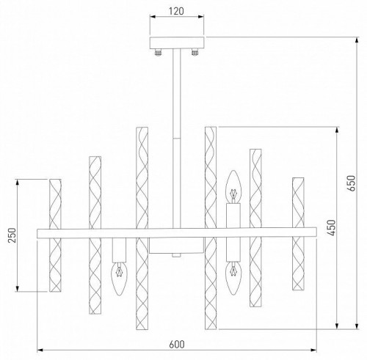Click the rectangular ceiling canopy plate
point(176,43)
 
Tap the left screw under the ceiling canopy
point(157,52)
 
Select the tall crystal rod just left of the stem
point(141,227)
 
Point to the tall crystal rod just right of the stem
point(211,227)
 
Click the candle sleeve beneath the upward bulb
point(233,218)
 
